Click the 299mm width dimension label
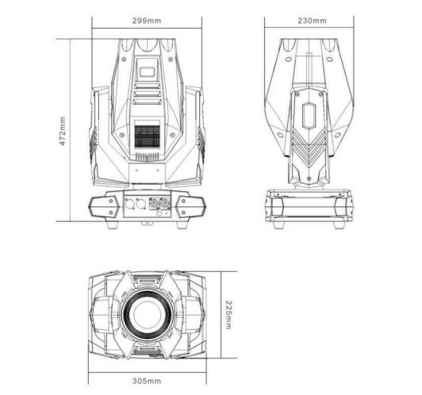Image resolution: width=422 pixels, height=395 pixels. click(147, 21)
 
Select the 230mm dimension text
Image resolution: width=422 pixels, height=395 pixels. click(312, 21)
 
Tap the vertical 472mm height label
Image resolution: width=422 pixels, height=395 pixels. click(63, 131)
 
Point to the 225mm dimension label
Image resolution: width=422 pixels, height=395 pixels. click(228, 315)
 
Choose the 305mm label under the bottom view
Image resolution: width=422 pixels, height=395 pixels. click(147, 381)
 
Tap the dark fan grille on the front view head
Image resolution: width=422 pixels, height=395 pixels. click(147, 136)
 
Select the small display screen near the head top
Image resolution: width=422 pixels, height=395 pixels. click(147, 72)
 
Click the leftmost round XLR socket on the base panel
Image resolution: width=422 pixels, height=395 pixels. click(130, 204)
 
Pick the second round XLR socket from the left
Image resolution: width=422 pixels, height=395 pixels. click(140, 204)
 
